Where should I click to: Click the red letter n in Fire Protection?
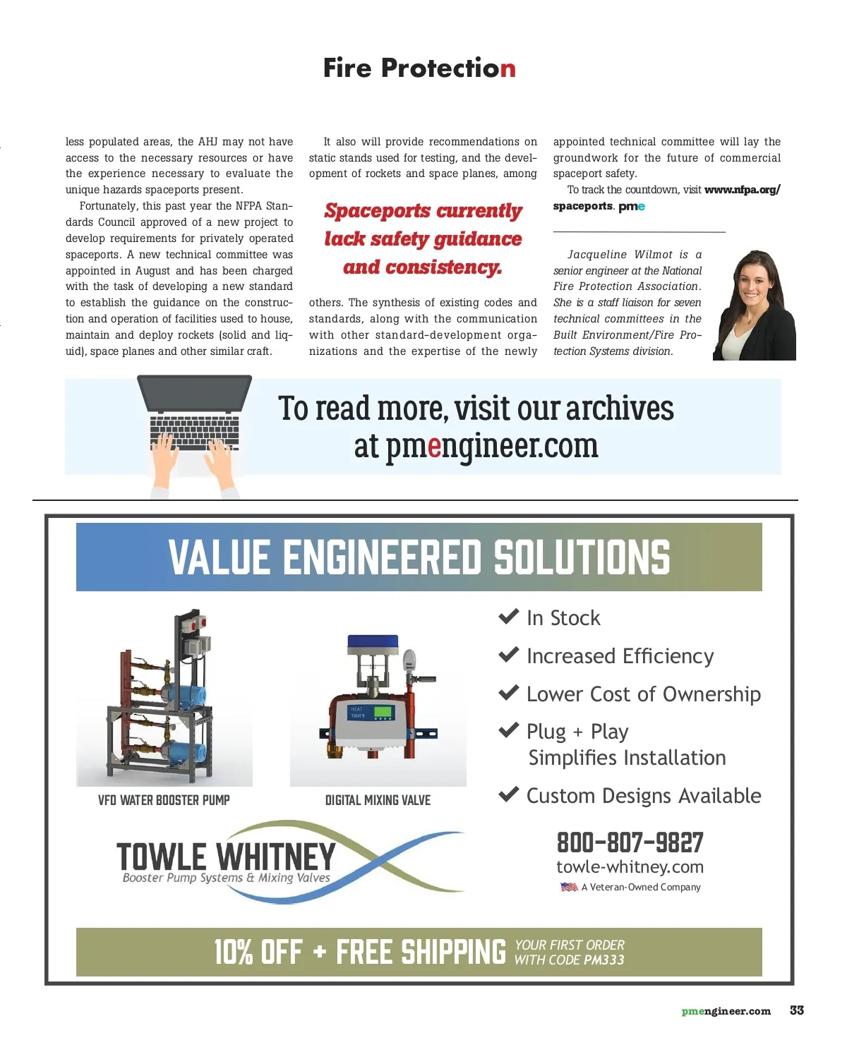[x=508, y=69]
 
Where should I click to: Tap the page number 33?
[x=797, y=1010]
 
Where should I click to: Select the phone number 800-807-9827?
[x=630, y=842]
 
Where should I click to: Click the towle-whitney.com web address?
[x=630, y=867]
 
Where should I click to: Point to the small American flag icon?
[x=569, y=887]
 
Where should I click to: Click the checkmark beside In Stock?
[x=508, y=617]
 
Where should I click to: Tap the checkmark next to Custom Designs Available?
[x=508, y=794]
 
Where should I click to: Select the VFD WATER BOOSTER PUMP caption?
[x=164, y=800]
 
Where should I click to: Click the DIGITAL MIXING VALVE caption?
[x=378, y=800]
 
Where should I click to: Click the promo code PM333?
[x=604, y=960]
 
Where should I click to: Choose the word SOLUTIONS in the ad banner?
[x=582, y=557]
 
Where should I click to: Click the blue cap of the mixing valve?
[x=373, y=643]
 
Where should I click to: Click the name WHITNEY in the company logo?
[x=276, y=857]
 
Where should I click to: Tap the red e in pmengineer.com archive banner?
[x=434, y=446]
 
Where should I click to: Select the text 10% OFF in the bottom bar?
[x=258, y=952]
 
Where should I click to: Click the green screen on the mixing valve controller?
[x=383, y=711]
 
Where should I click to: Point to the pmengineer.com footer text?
[x=726, y=1011]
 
